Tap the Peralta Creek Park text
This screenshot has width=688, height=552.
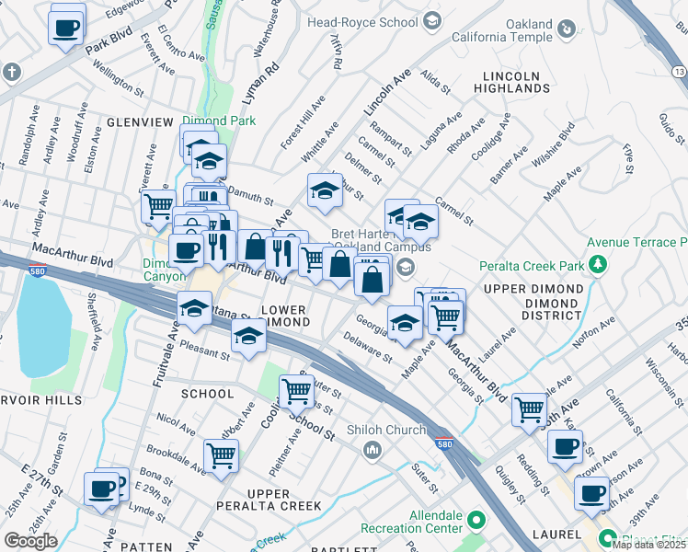point(533,266)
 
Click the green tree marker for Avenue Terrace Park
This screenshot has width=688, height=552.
point(599,266)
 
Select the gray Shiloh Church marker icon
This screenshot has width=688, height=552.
point(373,450)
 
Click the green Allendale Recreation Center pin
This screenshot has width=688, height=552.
point(476,521)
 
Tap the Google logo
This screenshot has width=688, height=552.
point(30,541)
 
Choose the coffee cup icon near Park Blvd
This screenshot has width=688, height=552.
point(64,29)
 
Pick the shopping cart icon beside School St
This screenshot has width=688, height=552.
point(296,391)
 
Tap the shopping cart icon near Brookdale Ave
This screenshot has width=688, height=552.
point(221,455)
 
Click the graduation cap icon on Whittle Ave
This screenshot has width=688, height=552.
point(324,190)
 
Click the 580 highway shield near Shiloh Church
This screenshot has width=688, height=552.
point(442,443)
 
